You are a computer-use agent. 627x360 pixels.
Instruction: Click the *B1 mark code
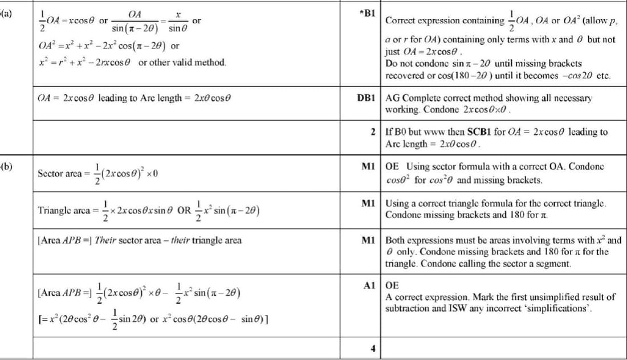point(367,13)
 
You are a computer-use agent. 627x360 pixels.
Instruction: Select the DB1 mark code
point(365,98)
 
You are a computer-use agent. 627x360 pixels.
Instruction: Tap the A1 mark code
point(368,285)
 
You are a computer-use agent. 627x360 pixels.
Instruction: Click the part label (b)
point(6,166)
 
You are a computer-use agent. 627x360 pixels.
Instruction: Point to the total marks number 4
point(372,349)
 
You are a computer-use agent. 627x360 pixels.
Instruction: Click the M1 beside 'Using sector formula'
point(368,166)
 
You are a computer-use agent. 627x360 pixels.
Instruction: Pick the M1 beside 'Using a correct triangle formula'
point(368,203)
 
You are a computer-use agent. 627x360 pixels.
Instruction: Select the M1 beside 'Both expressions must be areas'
point(368,240)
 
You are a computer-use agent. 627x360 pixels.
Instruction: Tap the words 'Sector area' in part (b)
point(59,173)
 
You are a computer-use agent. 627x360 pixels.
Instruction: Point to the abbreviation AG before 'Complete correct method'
point(392,98)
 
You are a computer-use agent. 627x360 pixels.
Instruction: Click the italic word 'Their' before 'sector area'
point(107,240)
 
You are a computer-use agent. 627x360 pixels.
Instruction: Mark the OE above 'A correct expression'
point(392,285)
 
